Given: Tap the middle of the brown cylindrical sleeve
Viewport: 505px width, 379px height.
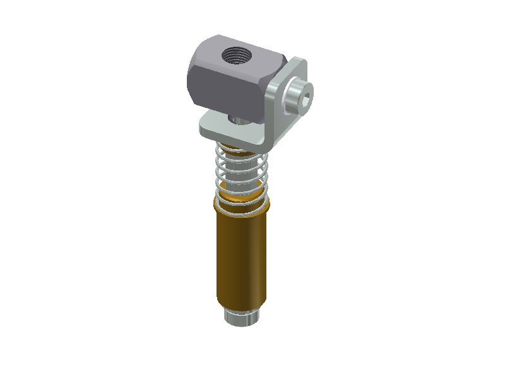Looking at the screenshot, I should coord(243,259).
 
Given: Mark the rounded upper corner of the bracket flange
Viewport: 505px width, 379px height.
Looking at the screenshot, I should coord(299,63).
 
